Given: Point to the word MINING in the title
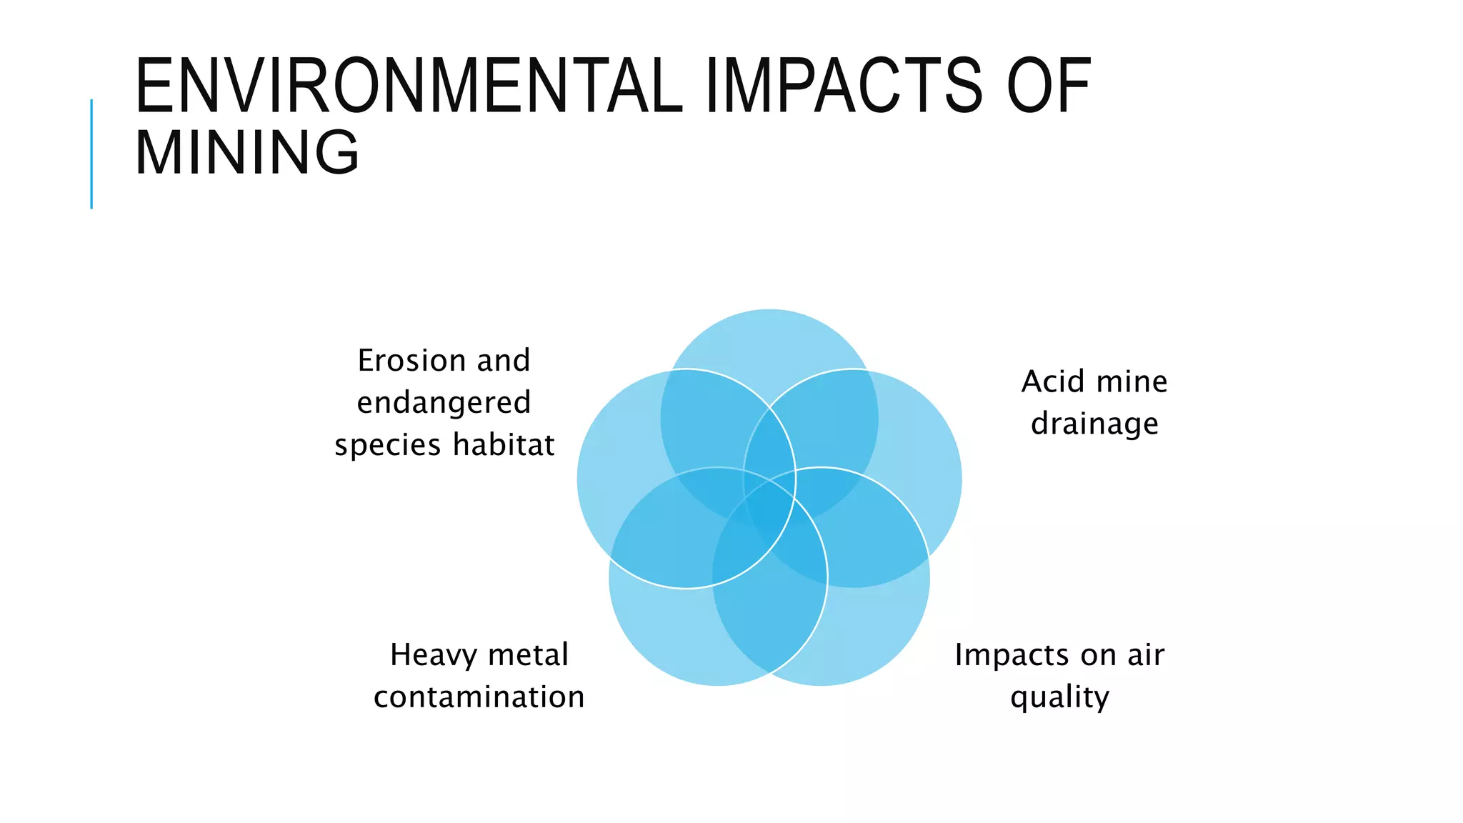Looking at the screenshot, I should [247, 152].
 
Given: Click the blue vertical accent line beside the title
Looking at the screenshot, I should [91, 154].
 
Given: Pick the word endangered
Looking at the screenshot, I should [444, 403].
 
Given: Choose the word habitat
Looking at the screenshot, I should [504, 445].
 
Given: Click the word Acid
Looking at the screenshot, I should [1052, 381].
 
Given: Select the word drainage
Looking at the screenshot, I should [1094, 424].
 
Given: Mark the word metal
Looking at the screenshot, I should [529, 655].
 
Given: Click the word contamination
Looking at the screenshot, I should [479, 697].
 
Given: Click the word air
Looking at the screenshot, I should [1146, 655].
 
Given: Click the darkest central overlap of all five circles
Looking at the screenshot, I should [770, 509].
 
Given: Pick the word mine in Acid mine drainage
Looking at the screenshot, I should [1136, 381].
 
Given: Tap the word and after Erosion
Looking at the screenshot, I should [504, 361].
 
